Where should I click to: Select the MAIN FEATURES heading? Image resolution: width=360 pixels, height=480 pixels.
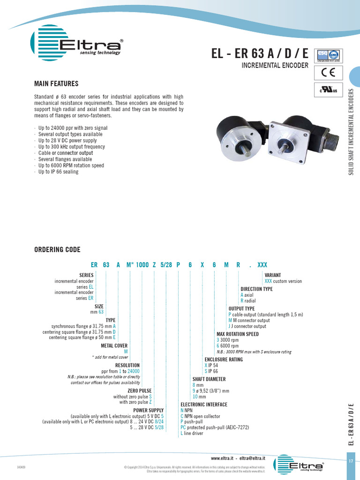(x=56, y=84)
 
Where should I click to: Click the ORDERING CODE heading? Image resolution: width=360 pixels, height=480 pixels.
(x=57, y=249)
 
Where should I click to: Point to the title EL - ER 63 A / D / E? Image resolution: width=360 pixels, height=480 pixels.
(x=260, y=54)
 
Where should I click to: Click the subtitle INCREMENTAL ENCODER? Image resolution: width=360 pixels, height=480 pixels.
(x=275, y=66)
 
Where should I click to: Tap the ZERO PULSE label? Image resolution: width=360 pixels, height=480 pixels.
(x=140, y=390)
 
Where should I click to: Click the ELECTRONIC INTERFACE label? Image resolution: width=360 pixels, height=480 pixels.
(x=204, y=404)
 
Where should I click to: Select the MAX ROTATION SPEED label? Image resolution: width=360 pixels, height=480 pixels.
(x=237, y=334)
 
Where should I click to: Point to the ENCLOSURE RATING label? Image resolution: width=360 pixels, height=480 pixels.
(x=224, y=359)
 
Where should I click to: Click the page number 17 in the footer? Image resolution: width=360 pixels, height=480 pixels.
(x=351, y=461)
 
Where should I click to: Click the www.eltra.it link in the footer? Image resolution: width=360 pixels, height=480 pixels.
(x=222, y=457)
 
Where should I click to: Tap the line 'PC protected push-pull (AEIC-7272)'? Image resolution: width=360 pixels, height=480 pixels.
(x=215, y=427)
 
